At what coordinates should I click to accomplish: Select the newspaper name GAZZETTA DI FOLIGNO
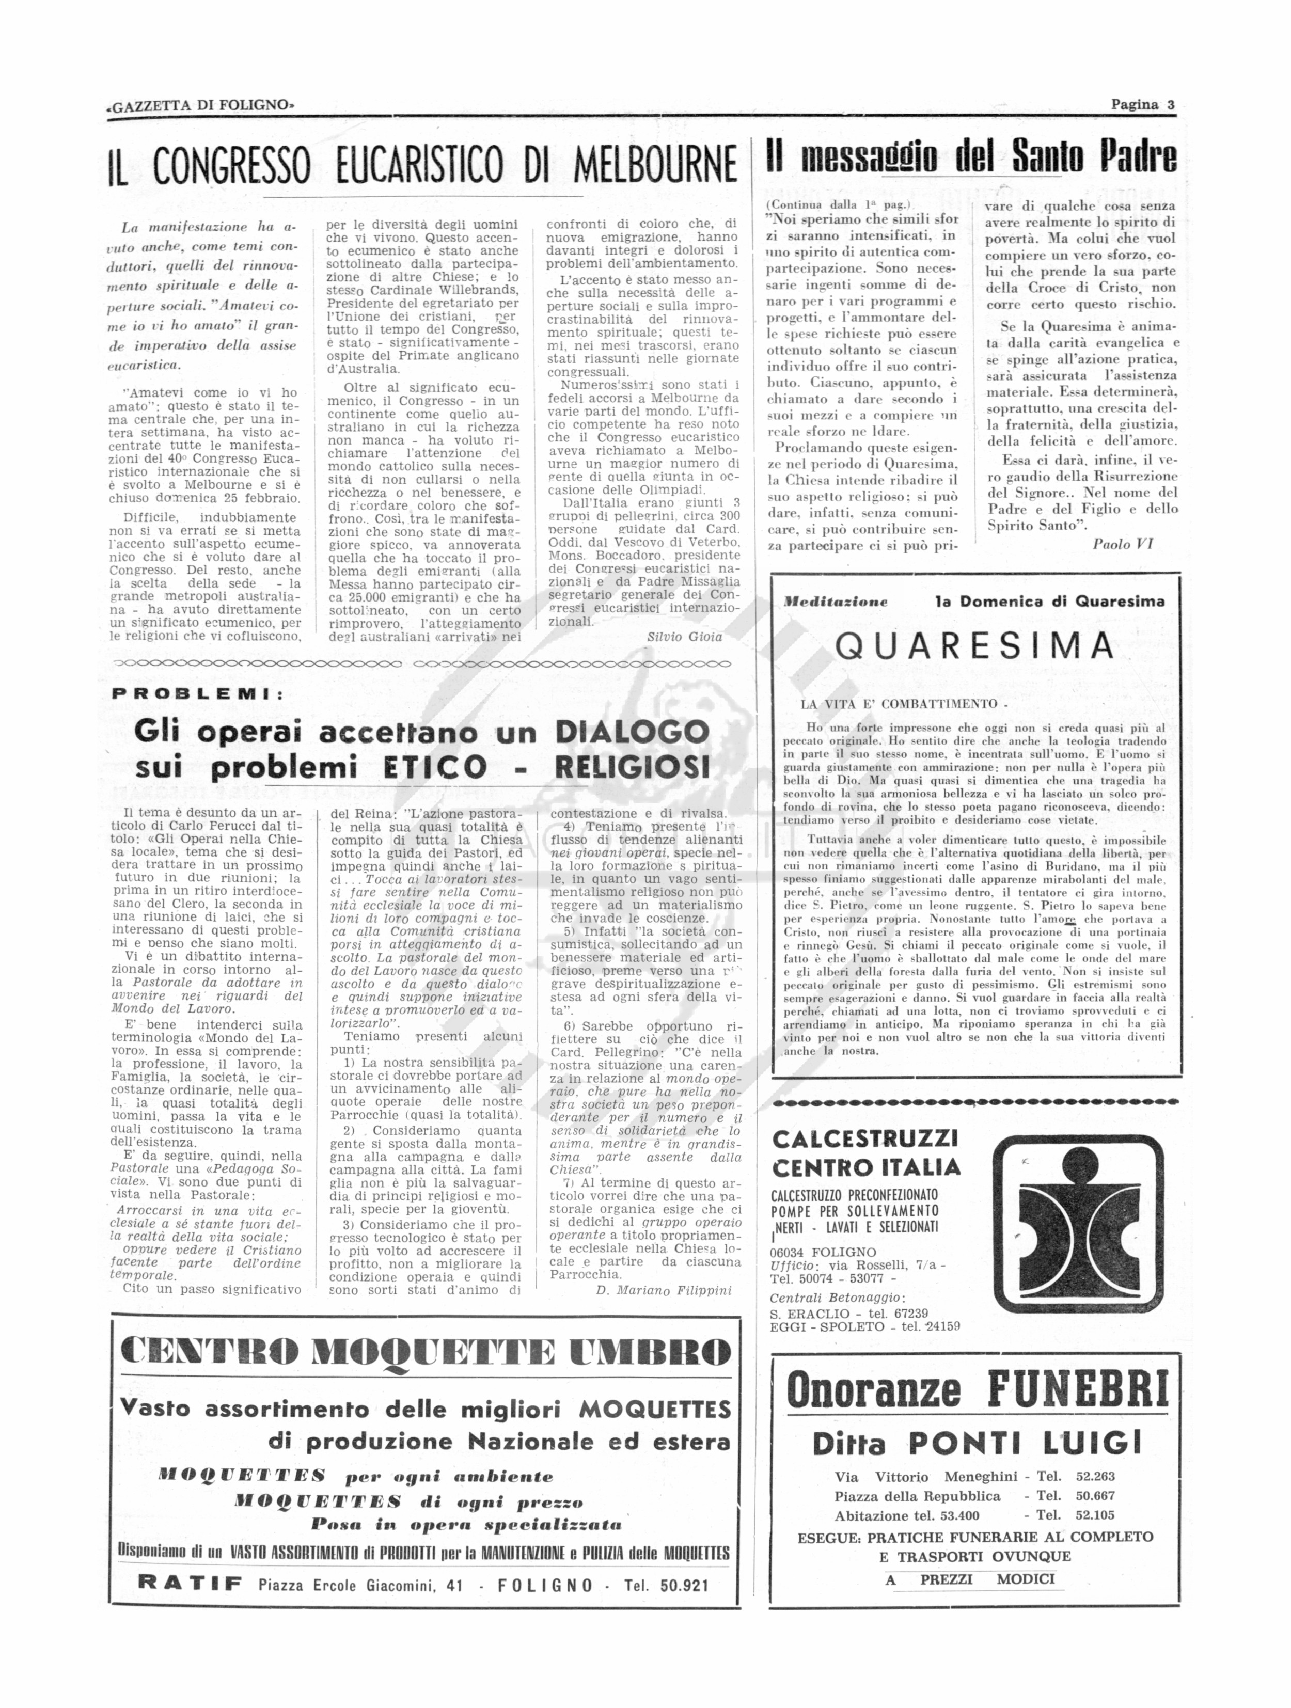pyautogui.click(x=201, y=106)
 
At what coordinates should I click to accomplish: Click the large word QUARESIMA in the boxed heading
pyautogui.click(x=975, y=645)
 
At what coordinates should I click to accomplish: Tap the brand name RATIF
pyautogui.click(x=189, y=1585)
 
